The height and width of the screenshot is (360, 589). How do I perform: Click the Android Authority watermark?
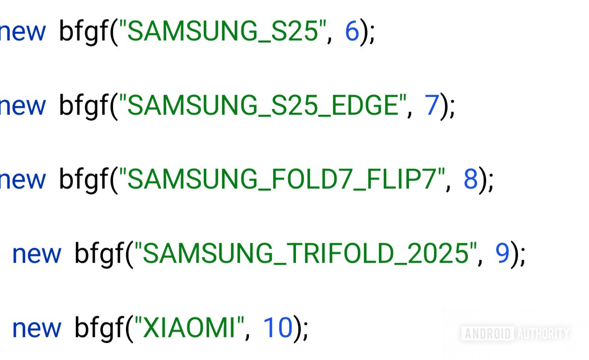pyautogui.click(x=515, y=333)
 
